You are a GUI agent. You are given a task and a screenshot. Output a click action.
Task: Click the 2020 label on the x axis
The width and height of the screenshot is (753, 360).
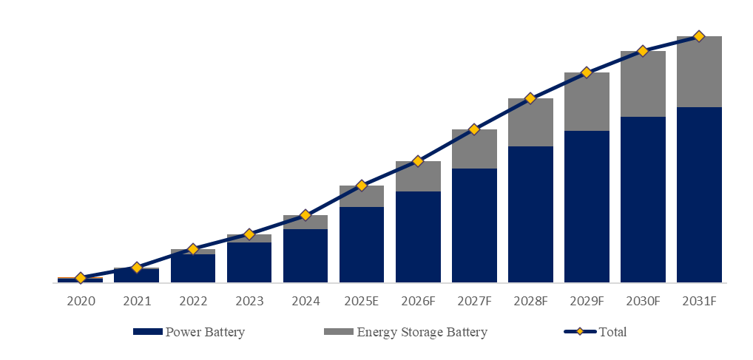click(81, 302)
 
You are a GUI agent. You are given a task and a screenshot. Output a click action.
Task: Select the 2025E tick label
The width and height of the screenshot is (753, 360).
click(362, 302)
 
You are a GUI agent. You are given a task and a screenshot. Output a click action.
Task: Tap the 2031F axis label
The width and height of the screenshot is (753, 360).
click(699, 302)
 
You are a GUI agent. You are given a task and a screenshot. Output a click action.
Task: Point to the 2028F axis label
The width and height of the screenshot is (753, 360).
click(530, 302)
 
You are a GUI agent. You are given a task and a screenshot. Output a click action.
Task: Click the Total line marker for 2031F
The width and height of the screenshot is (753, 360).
click(699, 36)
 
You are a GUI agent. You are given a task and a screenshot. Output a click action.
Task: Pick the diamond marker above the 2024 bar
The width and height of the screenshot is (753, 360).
click(305, 215)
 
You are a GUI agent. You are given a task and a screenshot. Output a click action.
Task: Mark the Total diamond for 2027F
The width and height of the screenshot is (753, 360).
click(474, 129)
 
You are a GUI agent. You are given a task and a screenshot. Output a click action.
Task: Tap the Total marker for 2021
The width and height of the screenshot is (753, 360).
click(137, 267)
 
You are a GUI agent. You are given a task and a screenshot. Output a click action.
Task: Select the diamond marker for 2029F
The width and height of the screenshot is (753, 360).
click(587, 72)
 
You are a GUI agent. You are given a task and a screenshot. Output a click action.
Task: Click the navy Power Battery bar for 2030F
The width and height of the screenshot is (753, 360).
click(643, 200)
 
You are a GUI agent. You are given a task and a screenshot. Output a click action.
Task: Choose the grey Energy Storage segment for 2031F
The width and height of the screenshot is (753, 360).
click(699, 72)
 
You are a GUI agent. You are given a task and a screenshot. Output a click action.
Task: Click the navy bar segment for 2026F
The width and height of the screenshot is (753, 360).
click(418, 237)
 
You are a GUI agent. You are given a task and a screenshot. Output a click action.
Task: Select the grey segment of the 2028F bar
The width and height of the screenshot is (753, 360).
click(530, 122)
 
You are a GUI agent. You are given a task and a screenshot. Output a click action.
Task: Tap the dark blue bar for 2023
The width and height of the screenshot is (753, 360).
click(249, 262)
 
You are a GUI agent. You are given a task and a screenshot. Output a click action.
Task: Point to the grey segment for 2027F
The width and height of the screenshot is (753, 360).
click(474, 149)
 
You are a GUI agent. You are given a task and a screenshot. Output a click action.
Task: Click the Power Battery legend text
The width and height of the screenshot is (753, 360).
click(205, 332)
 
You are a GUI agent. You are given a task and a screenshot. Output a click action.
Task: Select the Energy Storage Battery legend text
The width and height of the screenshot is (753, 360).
click(422, 332)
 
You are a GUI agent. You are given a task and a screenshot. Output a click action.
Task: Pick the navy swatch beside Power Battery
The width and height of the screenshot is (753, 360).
click(147, 332)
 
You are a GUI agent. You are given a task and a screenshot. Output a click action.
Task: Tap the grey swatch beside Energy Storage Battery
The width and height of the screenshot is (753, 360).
click(338, 332)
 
